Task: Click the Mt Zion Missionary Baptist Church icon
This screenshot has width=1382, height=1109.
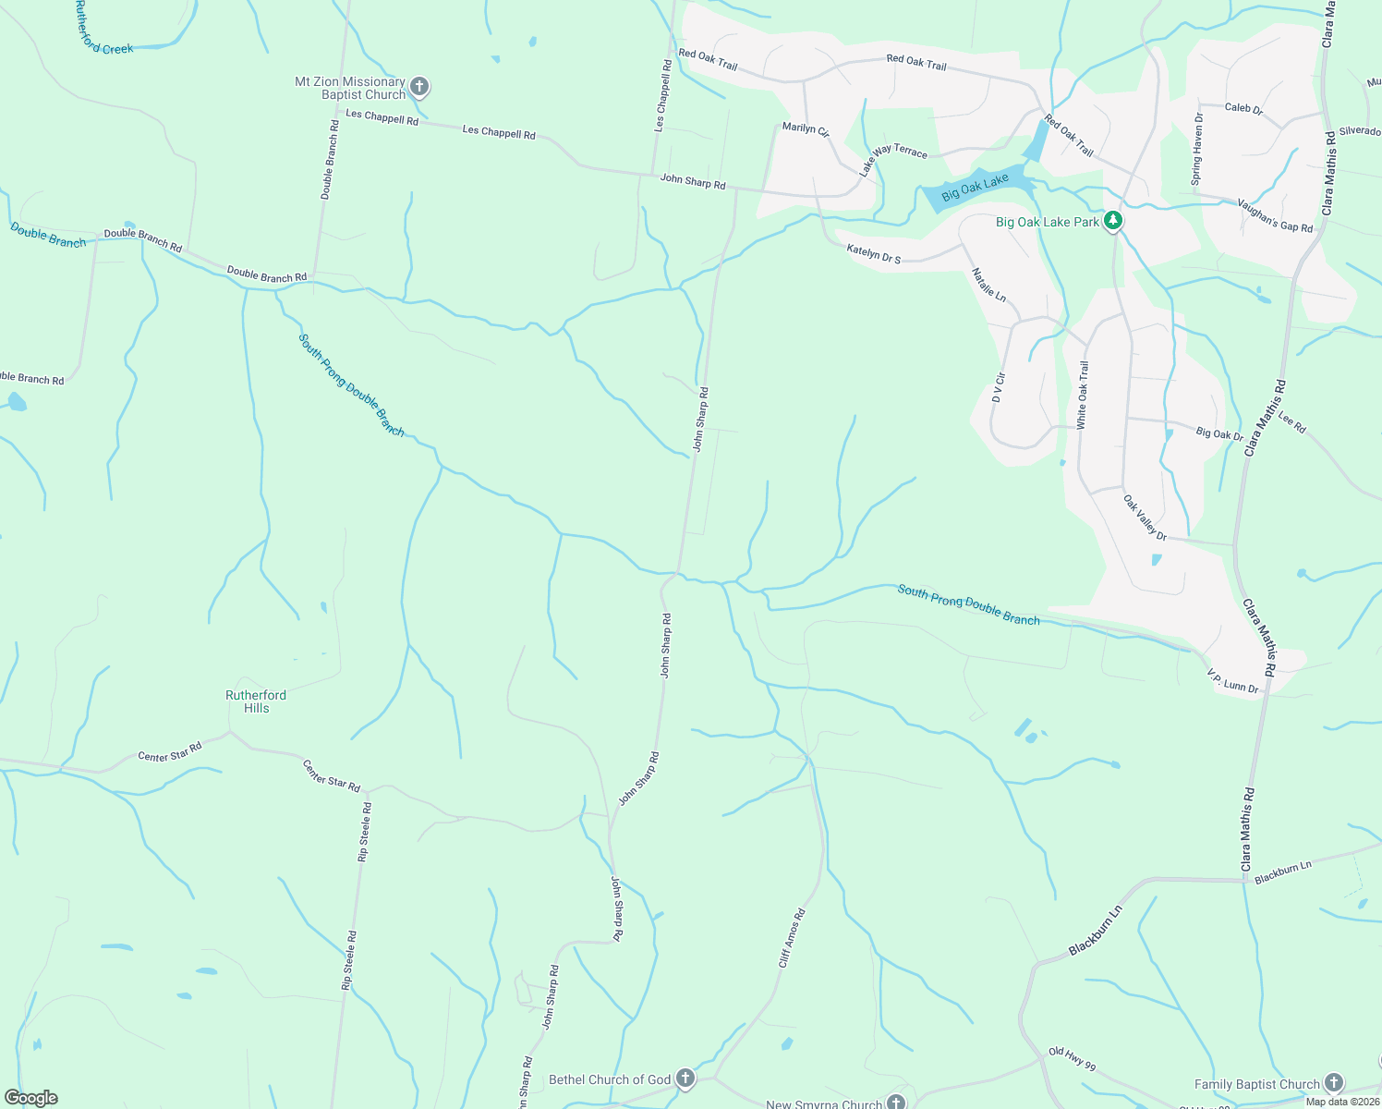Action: (x=418, y=88)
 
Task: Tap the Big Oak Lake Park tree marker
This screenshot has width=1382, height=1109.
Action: (x=1114, y=221)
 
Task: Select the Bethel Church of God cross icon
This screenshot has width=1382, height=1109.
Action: (x=685, y=1079)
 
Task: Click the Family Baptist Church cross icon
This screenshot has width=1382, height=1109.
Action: (x=1333, y=1083)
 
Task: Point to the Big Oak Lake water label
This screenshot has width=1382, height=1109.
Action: (x=975, y=189)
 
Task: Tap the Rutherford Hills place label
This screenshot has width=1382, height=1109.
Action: (x=256, y=701)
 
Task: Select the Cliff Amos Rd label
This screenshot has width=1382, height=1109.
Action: (x=792, y=938)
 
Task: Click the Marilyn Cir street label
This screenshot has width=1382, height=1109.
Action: (x=806, y=129)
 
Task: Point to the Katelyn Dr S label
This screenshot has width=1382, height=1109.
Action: (x=873, y=253)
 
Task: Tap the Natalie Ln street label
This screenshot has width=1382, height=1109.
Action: (x=988, y=285)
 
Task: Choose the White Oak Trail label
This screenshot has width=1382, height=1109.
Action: (x=1083, y=395)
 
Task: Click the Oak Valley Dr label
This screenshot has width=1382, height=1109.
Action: (x=1145, y=518)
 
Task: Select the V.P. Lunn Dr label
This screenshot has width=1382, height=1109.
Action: (x=1232, y=682)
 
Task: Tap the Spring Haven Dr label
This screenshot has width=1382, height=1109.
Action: (x=1197, y=149)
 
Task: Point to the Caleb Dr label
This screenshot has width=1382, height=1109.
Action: (x=1243, y=108)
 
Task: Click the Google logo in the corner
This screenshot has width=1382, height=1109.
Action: (x=30, y=1098)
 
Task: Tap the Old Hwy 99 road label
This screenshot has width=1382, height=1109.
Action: (x=1072, y=1059)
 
